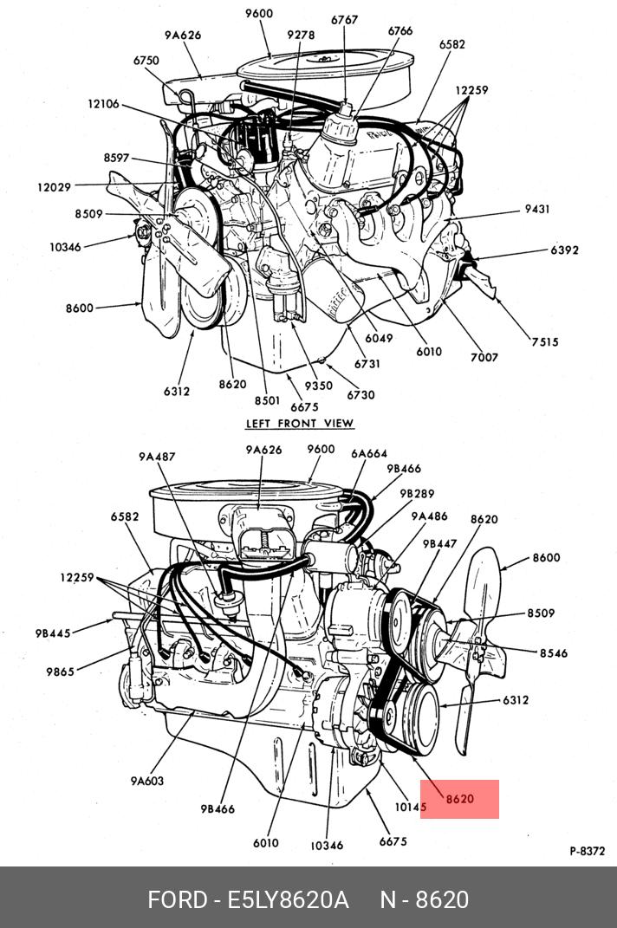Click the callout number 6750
click(146, 61)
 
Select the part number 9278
click(302, 36)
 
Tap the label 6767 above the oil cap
click(345, 18)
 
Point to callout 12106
click(103, 104)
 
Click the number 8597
click(116, 158)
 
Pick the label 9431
click(537, 210)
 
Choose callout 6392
click(564, 250)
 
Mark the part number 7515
click(545, 342)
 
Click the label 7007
click(484, 357)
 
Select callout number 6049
click(380, 338)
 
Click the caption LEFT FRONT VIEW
click(300, 424)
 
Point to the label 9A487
click(157, 457)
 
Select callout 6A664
click(369, 453)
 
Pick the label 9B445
click(53, 633)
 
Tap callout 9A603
click(147, 781)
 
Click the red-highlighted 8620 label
click(460, 799)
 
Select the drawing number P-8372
click(587, 851)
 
